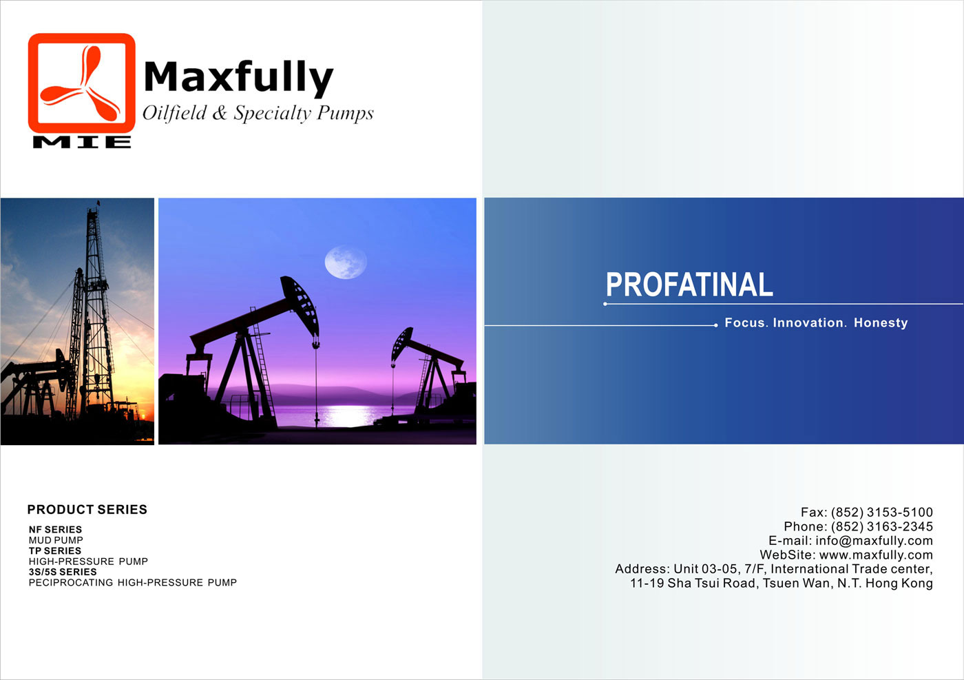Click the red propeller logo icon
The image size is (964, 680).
coord(81,83)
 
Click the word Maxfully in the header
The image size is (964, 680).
coord(238,78)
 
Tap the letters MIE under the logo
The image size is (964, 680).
coord(82,142)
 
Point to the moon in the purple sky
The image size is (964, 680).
coord(346,261)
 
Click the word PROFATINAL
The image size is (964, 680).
coord(689,285)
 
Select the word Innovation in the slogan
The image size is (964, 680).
coord(808,322)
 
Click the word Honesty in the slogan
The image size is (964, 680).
coord(881,322)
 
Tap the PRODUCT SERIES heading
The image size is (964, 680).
coord(87,509)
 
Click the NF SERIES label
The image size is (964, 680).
coord(55,529)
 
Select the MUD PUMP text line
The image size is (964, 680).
coord(56,540)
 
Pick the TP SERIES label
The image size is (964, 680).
coord(55,550)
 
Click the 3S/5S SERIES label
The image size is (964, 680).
coord(63,572)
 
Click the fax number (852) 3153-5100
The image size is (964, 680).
coord(882,512)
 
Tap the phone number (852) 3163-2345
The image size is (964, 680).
coord(882,526)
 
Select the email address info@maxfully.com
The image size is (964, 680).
coord(874,540)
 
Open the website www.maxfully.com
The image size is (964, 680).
coord(876,555)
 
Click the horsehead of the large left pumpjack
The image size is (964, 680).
coord(300,305)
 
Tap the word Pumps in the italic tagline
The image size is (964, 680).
coord(345,114)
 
